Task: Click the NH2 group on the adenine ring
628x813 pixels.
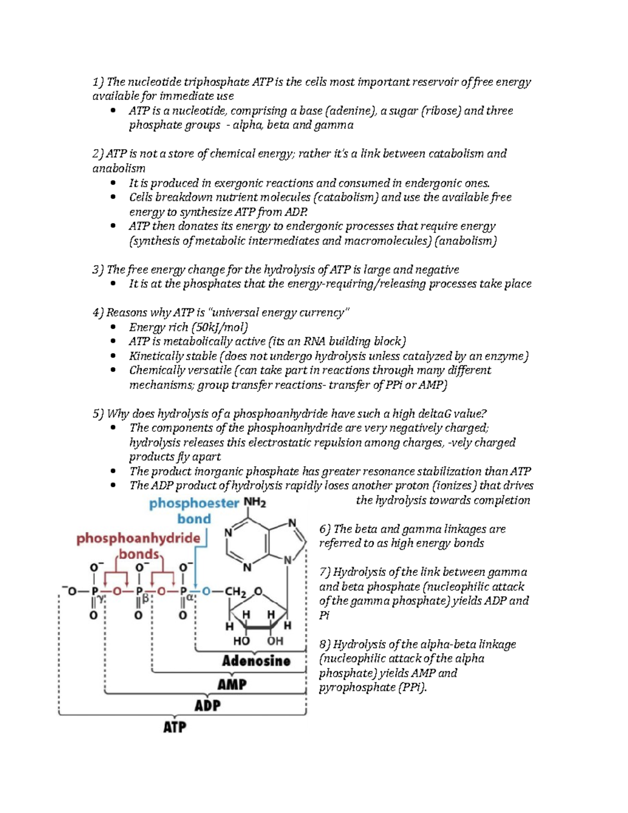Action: pyautogui.click(x=255, y=503)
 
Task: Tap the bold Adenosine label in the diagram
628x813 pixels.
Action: pyautogui.click(x=256, y=661)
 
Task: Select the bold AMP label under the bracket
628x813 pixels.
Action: pyautogui.click(x=232, y=684)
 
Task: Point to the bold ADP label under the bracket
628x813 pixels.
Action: pyautogui.click(x=207, y=706)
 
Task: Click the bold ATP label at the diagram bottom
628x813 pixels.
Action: pyautogui.click(x=174, y=727)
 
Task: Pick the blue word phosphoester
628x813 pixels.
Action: pyautogui.click(x=194, y=504)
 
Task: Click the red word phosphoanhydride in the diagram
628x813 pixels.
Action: pyautogui.click(x=138, y=538)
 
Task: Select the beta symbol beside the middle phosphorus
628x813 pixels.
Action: pyautogui.click(x=146, y=599)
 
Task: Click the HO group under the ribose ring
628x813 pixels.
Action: pyautogui.click(x=241, y=641)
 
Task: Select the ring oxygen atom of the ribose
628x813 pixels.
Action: pyautogui.click(x=258, y=592)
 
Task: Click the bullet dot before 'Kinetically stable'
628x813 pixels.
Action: pyautogui.click(x=113, y=356)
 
